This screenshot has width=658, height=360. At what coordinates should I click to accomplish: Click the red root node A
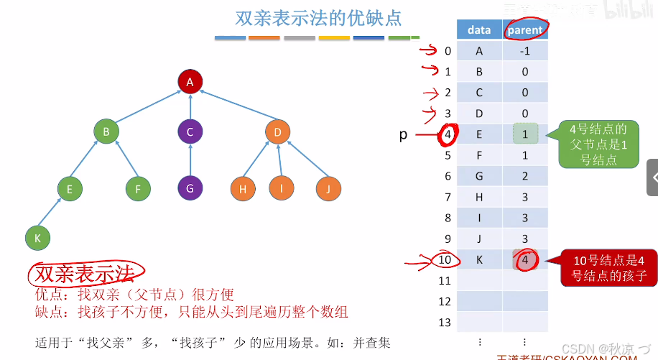[x=190, y=82]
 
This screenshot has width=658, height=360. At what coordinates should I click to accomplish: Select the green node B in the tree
[x=106, y=131]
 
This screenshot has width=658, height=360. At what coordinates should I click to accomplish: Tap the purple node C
[x=190, y=131]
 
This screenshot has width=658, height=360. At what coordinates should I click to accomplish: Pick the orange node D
[x=277, y=131]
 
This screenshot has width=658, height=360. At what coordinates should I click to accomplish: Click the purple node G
[x=190, y=189]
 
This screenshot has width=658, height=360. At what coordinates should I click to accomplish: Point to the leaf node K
[x=37, y=237]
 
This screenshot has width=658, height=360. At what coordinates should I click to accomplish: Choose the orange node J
[x=328, y=189]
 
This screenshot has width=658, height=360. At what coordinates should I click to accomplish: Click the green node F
[x=137, y=190]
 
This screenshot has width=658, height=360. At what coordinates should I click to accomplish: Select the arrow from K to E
[x=53, y=213]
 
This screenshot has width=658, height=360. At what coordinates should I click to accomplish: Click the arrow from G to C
[x=190, y=160]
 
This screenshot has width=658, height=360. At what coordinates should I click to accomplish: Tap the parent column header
[x=525, y=29]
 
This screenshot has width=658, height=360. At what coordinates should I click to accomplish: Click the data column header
[x=479, y=29]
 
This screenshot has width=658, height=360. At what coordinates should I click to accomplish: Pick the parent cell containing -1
[x=525, y=51]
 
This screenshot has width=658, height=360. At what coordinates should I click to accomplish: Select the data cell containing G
[x=479, y=176]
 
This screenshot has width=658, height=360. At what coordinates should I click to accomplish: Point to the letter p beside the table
[x=404, y=134]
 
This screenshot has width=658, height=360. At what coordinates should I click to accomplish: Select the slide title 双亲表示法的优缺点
[x=319, y=17]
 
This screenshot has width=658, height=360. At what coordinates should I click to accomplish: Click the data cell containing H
[x=479, y=197]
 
